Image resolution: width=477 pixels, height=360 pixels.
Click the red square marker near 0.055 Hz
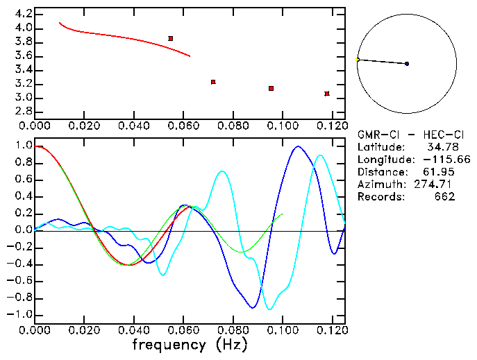[x=171, y=38]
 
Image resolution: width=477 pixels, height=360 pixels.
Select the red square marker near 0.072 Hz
[x=213, y=82]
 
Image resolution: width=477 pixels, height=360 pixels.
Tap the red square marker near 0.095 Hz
[x=271, y=89]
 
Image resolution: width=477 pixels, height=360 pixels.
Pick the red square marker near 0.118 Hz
[x=327, y=94]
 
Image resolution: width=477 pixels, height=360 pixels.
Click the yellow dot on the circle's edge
[x=358, y=60]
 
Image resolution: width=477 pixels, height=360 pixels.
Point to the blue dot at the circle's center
[x=407, y=64]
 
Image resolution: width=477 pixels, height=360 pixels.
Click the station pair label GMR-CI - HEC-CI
[x=406, y=135]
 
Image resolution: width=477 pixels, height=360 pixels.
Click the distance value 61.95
[x=440, y=172]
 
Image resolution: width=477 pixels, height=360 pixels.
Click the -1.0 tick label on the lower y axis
[x=20, y=314]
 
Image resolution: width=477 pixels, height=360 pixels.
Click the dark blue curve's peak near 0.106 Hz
[x=298, y=146]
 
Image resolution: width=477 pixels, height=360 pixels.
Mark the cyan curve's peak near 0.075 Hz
[x=222, y=171]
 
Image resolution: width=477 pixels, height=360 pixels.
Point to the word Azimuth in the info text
[x=379, y=185]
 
